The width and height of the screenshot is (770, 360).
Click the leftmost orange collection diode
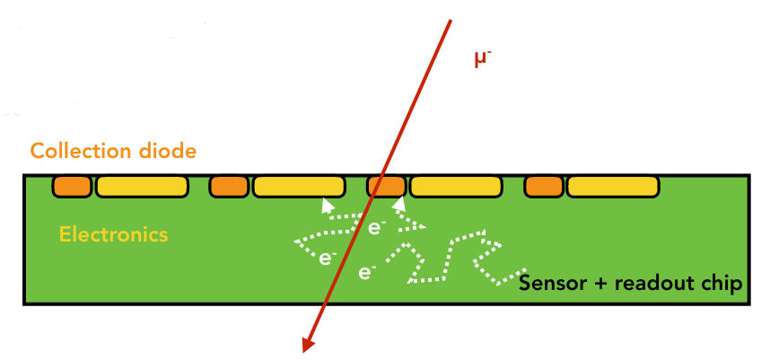coord(72,187)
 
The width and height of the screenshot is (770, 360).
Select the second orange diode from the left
coord(229,187)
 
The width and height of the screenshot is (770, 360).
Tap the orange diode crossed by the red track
coord(387,187)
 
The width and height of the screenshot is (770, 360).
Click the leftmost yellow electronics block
coord(142,187)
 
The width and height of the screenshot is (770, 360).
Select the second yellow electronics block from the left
coord(299,187)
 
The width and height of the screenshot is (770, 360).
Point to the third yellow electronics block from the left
coord(456,187)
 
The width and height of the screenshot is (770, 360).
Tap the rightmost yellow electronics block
coord(613,187)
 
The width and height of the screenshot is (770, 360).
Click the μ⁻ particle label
coord(484,59)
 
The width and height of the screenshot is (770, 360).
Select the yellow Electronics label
coord(113,235)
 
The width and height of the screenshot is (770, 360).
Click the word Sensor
coord(550,285)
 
